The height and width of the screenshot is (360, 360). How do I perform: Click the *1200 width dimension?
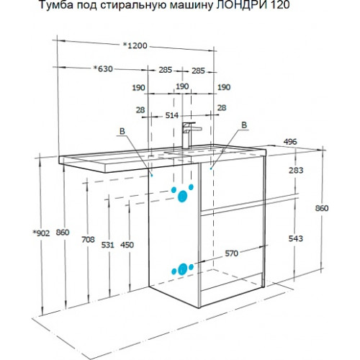[135, 45]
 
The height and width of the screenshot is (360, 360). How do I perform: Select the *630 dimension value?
[103, 69]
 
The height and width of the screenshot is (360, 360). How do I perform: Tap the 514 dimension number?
[172, 115]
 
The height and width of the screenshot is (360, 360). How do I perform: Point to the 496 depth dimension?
[290, 142]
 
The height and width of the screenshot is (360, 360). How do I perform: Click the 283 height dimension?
[296, 170]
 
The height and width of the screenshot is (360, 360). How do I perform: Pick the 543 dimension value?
[296, 238]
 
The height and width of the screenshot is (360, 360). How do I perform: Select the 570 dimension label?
[231, 253]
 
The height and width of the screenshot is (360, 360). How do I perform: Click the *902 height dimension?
[41, 233]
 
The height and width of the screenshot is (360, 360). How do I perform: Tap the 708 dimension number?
[88, 239]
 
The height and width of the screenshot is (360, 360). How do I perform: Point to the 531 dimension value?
[107, 245]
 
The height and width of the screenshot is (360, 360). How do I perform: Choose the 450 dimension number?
[127, 245]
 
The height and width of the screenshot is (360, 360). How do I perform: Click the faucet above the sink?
[189, 135]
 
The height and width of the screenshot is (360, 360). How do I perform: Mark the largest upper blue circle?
[182, 197]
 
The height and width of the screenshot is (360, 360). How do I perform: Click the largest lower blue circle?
[183, 269]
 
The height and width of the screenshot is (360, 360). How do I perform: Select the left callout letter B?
[122, 131]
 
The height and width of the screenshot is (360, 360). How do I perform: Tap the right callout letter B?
[244, 125]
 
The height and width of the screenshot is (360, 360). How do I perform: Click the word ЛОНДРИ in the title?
[241, 5]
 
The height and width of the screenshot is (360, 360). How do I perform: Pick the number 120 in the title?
[280, 5]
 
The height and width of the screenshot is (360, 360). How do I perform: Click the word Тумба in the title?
[55, 6]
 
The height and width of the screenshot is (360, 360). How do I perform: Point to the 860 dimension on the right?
[322, 208]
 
